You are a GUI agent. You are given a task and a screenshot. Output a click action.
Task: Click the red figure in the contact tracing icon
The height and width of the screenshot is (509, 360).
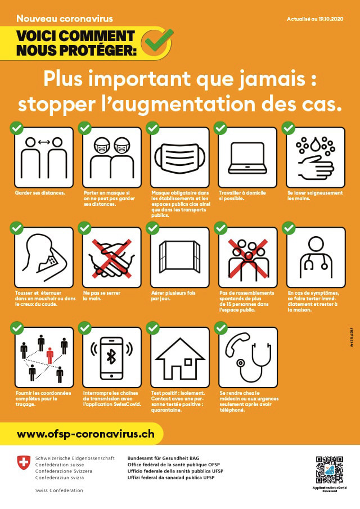[x=50, y=355]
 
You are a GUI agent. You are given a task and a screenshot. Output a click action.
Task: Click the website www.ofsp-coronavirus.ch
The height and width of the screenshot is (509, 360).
[x=85, y=434]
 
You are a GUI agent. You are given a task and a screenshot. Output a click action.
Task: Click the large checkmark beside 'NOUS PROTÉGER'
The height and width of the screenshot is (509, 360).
[x=156, y=41]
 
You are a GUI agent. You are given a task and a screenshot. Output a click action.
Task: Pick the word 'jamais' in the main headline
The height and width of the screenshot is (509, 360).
[x=268, y=79]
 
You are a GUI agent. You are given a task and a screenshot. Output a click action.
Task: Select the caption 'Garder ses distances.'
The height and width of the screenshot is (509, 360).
[x=40, y=193]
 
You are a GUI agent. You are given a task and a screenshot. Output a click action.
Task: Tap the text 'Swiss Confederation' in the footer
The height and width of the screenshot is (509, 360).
[x=58, y=490]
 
